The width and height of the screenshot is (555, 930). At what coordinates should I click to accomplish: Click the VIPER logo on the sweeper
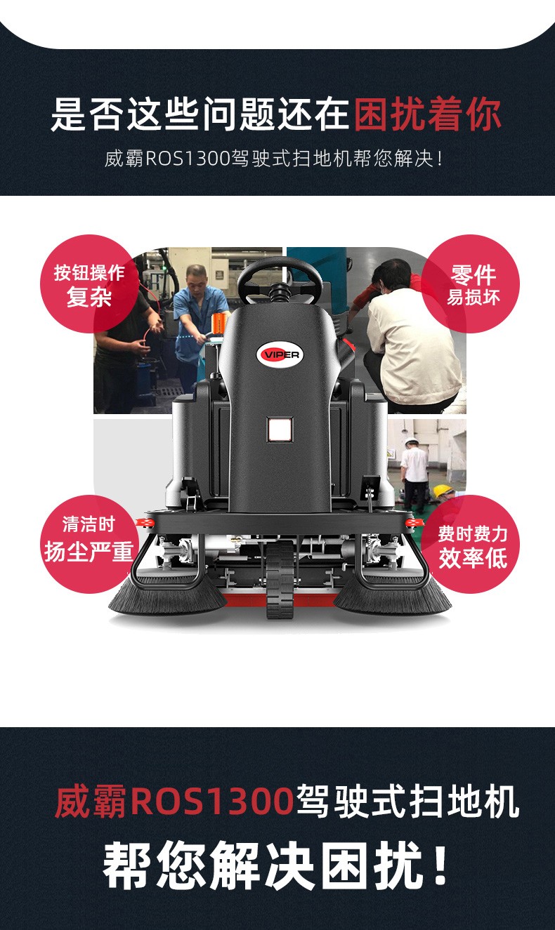pyautogui.click(x=280, y=354)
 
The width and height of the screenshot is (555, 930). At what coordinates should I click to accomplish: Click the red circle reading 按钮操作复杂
pyautogui.click(x=89, y=284)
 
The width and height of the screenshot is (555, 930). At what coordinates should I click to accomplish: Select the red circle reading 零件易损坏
pyautogui.click(x=471, y=284)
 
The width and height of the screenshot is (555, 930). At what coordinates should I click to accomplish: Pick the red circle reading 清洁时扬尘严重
pyautogui.click(x=89, y=544)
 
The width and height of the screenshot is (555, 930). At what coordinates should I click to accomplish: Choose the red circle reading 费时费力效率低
pyautogui.click(x=471, y=544)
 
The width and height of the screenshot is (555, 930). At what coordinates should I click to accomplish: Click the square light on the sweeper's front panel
pyautogui.click(x=280, y=429)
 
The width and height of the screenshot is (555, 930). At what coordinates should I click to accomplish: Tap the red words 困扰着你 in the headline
pyautogui.click(x=428, y=114)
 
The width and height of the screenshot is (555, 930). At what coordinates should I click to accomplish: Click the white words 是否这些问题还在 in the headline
pyautogui.click(x=200, y=114)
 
